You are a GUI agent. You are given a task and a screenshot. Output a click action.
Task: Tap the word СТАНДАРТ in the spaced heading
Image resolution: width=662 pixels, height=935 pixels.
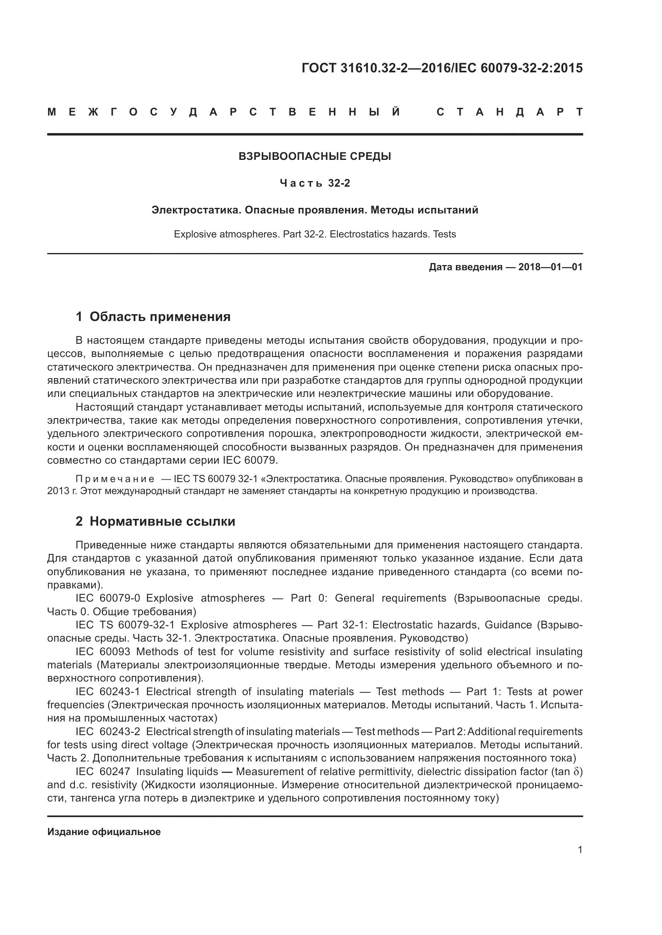point(510,112)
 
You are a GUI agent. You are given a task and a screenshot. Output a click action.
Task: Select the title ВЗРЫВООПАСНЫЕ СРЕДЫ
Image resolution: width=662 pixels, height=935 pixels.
point(315,156)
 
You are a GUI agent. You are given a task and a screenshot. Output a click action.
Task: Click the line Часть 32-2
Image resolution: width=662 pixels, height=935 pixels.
point(315,183)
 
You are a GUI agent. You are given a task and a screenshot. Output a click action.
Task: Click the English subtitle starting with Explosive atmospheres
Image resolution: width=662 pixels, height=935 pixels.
point(315,234)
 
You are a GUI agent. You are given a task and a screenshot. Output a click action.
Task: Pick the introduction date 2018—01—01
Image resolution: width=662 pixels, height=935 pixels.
point(550,267)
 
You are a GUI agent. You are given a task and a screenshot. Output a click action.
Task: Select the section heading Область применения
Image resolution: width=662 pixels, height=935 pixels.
point(160,317)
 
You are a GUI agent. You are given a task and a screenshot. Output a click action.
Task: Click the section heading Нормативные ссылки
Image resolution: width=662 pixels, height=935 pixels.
point(162,521)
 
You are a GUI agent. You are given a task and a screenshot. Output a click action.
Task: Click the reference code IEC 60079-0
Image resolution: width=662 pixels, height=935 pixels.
point(108,598)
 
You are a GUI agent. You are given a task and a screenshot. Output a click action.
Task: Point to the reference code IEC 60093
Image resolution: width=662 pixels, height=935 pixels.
point(103,652)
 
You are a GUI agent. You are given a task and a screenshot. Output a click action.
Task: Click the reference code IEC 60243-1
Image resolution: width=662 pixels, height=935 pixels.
point(108,692)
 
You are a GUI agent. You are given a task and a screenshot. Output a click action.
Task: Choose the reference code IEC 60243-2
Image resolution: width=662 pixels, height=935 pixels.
point(108,732)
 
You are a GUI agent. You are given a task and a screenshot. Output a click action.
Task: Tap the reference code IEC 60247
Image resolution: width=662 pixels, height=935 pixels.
point(103,771)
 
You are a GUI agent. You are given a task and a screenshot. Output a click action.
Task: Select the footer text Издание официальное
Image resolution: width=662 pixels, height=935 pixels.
point(104,832)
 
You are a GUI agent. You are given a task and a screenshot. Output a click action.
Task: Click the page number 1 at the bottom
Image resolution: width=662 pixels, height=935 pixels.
point(580,850)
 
